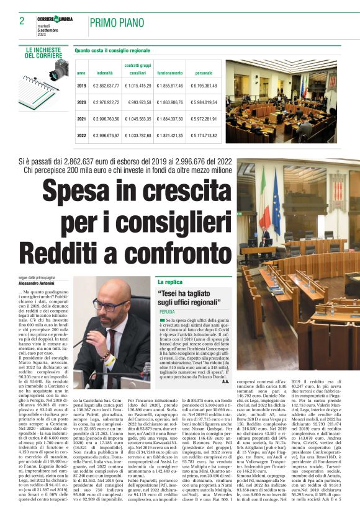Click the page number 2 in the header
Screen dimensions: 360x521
click(22, 21)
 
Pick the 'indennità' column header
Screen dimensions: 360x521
click(105, 73)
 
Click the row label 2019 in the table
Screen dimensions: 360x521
click(81, 86)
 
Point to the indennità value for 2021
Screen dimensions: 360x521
click(106, 118)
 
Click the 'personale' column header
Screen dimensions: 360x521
click(203, 73)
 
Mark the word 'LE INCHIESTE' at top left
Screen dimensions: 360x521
click(43, 49)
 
